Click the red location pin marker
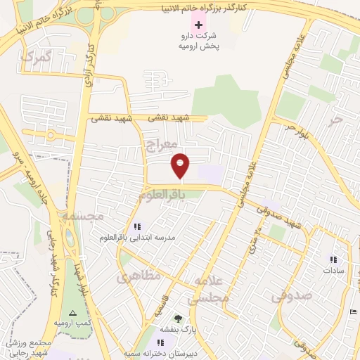[x=181, y=165]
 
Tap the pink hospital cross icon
[x=198, y=25]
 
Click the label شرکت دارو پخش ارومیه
[x=204, y=41]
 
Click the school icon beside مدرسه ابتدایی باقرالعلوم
[x=137, y=226]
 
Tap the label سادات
[x=333, y=270]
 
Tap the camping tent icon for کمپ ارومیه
[x=72, y=313]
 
